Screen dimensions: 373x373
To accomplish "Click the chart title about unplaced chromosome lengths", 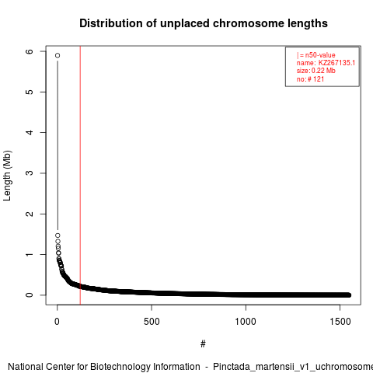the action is [x=204, y=23].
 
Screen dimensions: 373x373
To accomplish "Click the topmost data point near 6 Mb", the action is [x=58, y=55].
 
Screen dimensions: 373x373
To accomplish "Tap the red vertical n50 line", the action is [x=80, y=176].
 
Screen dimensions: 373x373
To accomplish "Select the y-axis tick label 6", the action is [x=30, y=51].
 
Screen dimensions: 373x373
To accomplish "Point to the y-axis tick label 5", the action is [x=30, y=92].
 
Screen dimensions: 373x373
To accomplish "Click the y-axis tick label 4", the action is [x=30, y=132].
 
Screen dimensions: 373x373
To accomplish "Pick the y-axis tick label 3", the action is [x=30, y=173].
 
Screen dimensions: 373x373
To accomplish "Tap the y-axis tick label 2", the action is [x=30, y=214].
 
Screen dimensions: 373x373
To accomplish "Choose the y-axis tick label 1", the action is [x=30, y=254].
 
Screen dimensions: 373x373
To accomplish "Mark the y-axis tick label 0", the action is [x=30, y=295].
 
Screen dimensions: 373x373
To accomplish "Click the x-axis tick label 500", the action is [x=152, y=322].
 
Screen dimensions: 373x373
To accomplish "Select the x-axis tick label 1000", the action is [x=246, y=322].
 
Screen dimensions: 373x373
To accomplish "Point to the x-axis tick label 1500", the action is [x=340, y=322].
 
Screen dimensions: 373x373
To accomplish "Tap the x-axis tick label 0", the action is [x=57, y=322].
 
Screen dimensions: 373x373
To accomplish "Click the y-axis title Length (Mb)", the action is [x=7, y=176].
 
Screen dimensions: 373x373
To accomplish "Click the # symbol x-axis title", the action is [x=203, y=344].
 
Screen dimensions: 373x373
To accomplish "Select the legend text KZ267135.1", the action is [x=336, y=63].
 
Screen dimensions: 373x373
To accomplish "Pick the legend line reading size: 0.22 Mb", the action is [x=316, y=71].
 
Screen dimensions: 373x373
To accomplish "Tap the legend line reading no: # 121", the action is [x=310, y=79].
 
